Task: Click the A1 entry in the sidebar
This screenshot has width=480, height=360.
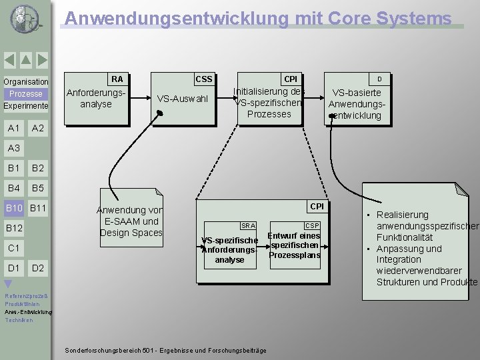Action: point(13,128)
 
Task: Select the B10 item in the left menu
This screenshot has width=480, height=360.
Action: point(15,209)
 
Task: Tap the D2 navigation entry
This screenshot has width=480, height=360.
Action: point(38,268)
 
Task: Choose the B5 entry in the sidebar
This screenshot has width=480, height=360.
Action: point(38,188)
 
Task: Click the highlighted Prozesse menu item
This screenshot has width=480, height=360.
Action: point(26,94)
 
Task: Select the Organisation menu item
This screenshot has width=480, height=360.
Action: point(26,82)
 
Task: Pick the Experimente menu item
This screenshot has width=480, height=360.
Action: point(26,106)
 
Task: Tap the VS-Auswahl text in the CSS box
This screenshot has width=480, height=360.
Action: point(182,99)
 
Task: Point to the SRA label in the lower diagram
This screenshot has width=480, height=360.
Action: point(248,226)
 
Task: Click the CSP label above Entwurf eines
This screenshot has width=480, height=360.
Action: point(311,226)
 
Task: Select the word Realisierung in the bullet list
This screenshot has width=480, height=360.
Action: point(402,215)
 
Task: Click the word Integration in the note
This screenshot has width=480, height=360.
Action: point(399,259)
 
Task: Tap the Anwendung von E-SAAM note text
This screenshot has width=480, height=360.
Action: point(131,221)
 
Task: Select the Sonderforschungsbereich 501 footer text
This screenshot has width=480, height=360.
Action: point(165,351)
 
